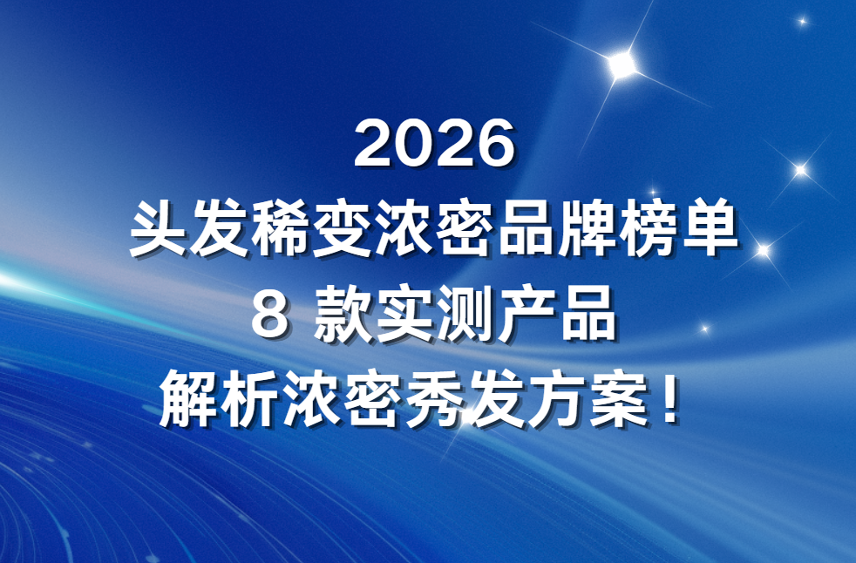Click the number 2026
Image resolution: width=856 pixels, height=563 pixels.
coord(435,144)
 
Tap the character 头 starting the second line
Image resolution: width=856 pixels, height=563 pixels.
coord(159,227)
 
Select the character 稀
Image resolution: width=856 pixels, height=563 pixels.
coord(281,227)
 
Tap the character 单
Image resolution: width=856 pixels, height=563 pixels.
coord(710,227)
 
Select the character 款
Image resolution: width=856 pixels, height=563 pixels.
coord(343,315)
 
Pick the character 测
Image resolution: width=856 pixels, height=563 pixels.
coord(465,315)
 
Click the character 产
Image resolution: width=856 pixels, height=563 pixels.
coord(527,315)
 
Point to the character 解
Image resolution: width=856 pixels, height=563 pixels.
coord(189,398)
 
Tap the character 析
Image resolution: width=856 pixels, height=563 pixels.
coord(250,398)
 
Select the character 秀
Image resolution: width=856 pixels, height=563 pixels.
coord(434,398)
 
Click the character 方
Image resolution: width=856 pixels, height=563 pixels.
coord(556,398)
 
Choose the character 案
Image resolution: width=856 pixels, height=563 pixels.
coord(617,398)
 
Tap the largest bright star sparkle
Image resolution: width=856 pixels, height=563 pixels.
coord(622,65)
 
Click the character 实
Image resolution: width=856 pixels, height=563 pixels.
coord(404,315)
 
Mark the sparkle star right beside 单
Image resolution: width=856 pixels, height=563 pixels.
coord(764,251)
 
